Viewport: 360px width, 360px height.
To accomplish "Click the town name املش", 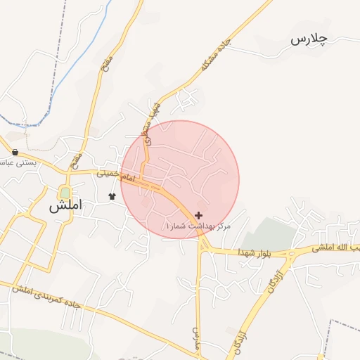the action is pos(65,207).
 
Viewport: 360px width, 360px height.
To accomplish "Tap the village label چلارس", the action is pos(308,40).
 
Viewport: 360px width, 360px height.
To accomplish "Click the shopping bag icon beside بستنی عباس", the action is pos(15,152).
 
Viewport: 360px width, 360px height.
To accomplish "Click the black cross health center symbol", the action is pos(199,215).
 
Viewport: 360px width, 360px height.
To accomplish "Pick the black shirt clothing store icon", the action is pos(111,195).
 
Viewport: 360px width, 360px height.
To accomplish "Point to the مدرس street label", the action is pos(195,338).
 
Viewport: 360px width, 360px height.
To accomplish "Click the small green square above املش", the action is pos(65,192).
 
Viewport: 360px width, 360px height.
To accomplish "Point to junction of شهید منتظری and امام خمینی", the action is pos(142,176).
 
